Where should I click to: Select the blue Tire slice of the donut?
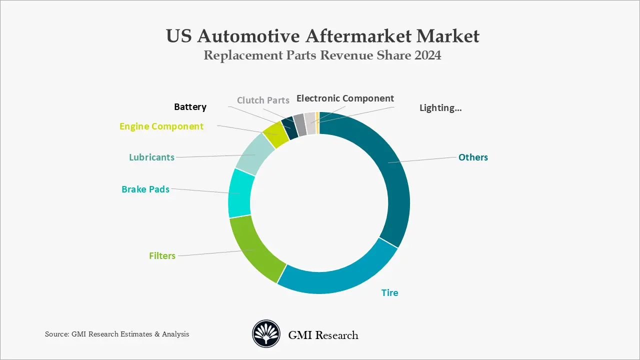click(x=340, y=278)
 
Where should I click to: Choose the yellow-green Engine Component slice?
click(x=275, y=134)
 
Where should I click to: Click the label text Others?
click(x=473, y=157)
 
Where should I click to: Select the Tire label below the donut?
click(x=389, y=292)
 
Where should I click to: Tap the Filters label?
click(x=162, y=255)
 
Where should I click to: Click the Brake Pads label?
click(x=145, y=189)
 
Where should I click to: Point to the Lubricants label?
click(x=151, y=157)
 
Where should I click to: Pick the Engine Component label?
click(x=161, y=126)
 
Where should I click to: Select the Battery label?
click(x=190, y=106)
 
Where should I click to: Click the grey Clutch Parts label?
click(x=263, y=100)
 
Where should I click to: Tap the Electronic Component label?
click(x=345, y=98)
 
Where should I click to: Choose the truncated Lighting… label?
click(x=440, y=107)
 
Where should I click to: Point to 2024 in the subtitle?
click(x=427, y=55)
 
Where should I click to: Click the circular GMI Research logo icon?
click(x=266, y=334)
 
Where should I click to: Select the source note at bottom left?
click(x=117, y=334)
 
